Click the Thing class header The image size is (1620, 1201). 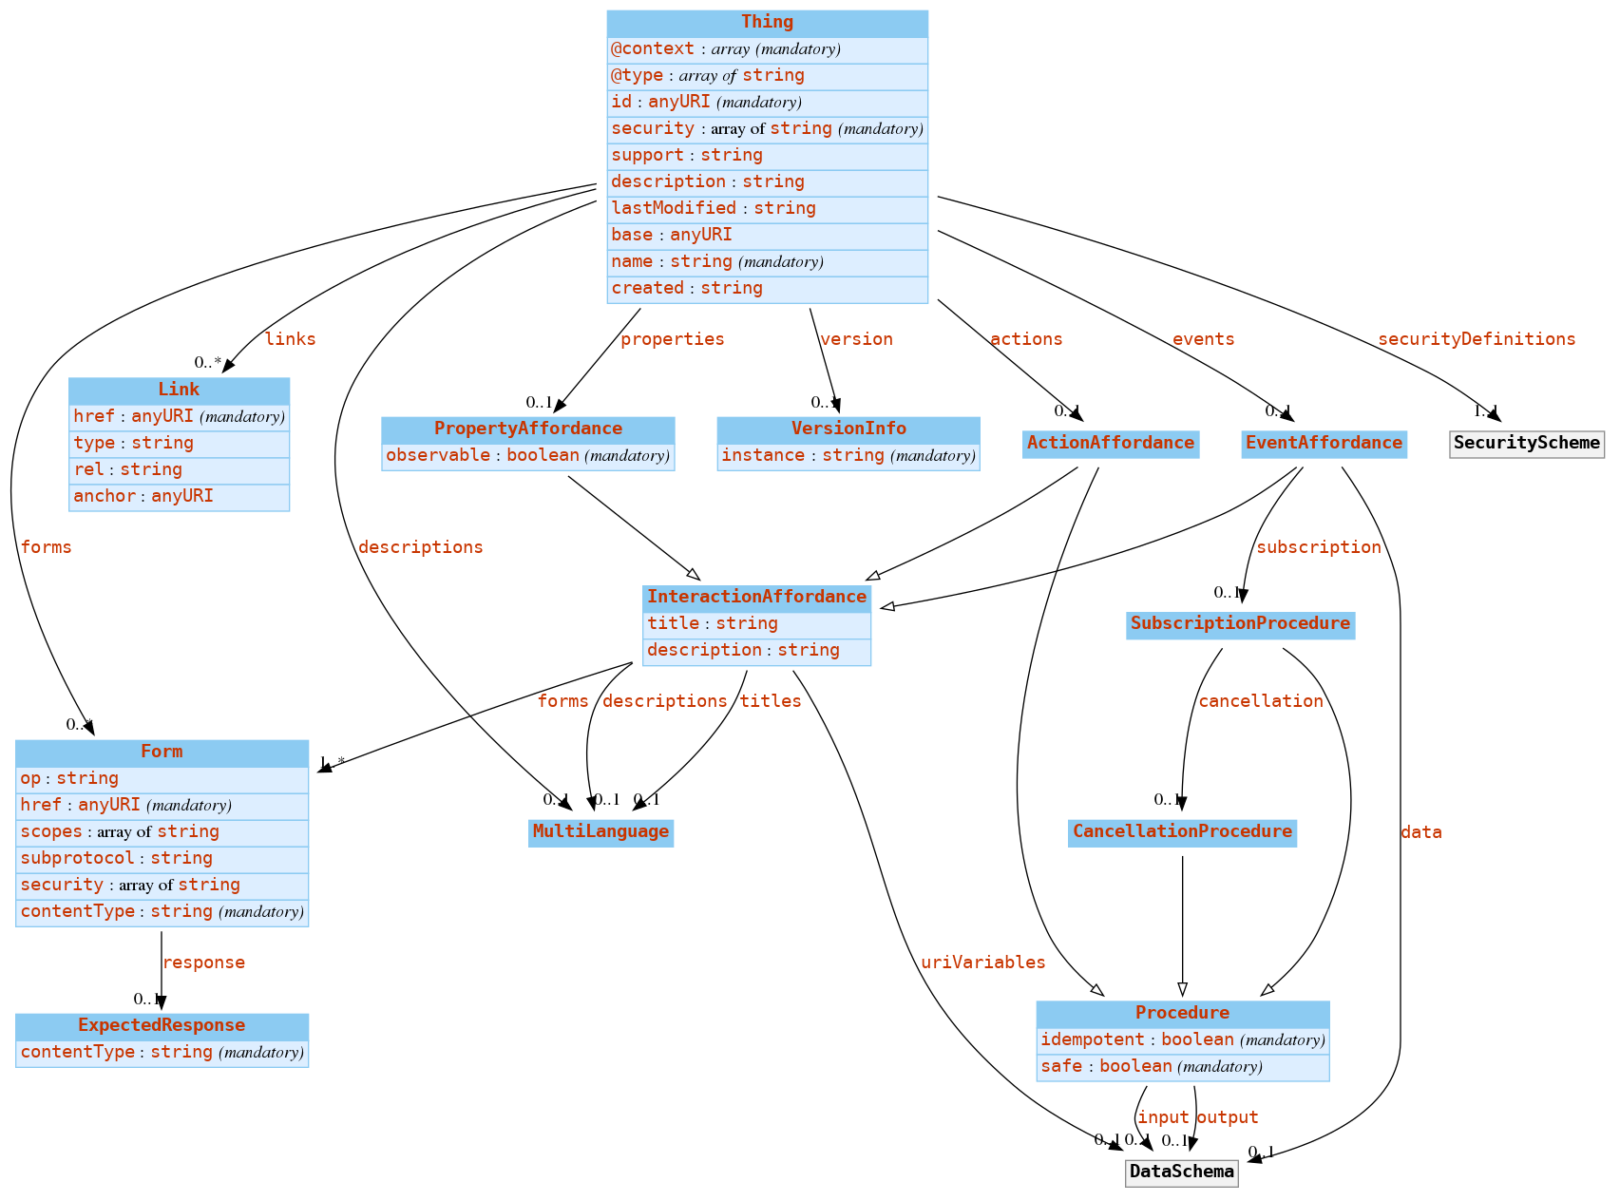point(767,22)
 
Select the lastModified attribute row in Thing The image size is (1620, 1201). point(767,208)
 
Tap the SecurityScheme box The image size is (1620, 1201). point(1526,443)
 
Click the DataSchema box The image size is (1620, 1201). point(1182,1172)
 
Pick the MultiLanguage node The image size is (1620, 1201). point(600,832)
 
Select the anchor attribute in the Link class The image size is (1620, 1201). point(179,496)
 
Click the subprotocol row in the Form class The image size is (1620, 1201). point(162,858)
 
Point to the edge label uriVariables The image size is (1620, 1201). point(982,963)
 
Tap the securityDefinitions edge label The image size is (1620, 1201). point(1476,339)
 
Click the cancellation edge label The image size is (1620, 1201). point(1260,701)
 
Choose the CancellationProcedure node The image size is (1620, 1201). point(1182,832)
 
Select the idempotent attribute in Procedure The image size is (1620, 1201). point(1182,1039)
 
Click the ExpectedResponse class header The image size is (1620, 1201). point(162,1025)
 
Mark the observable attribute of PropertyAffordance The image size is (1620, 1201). point(527,455)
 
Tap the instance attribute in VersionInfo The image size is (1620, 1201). point(848,455)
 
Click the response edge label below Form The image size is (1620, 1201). point(203,963)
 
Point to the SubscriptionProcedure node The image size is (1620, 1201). point(1240,623)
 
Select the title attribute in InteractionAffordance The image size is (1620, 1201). point(756,623)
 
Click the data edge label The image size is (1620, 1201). point(1420,832)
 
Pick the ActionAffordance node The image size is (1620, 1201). point(1110,443)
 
